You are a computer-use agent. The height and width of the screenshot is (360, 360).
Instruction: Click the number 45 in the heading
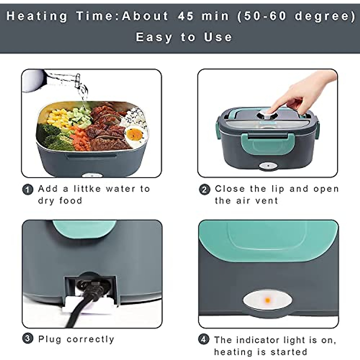[186, 16]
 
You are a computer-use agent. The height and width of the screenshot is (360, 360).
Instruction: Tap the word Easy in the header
[154, 37]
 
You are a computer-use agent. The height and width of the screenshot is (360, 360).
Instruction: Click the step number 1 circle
[28, 190]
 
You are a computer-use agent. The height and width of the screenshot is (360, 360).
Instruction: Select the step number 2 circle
[205, 190]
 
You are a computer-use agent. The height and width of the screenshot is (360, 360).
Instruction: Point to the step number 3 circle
[28, 339]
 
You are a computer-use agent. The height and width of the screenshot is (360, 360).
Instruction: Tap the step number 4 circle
[204, 340]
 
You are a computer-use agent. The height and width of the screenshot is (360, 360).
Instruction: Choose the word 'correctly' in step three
[90, 339]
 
